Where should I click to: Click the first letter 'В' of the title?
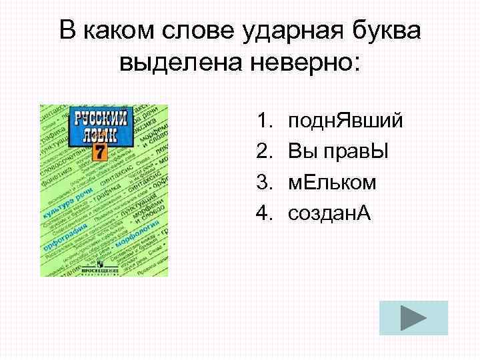[67, 31]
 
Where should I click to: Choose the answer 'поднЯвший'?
[345, 121]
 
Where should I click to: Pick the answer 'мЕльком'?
[331, 183]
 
